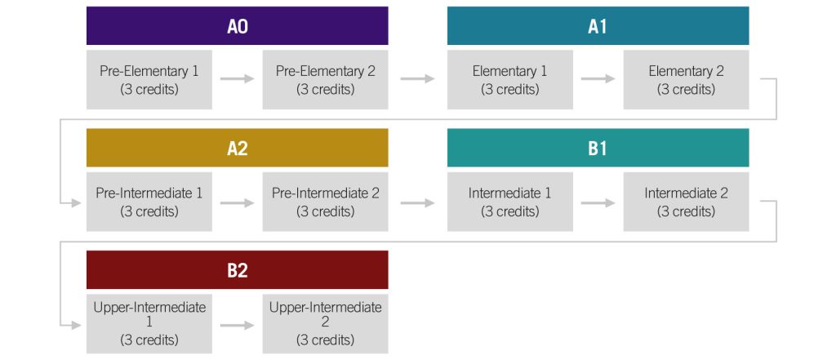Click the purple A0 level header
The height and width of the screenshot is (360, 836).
238,25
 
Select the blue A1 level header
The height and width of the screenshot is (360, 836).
598,25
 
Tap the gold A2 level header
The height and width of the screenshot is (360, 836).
238,148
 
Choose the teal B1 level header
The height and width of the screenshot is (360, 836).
598,148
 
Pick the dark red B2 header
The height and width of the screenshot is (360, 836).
238,270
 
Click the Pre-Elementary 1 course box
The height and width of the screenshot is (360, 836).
149,80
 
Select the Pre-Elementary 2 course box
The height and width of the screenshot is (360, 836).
325,80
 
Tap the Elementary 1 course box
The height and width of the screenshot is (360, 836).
510,80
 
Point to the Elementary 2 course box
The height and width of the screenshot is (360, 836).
686,80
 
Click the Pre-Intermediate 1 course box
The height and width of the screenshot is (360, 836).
149,202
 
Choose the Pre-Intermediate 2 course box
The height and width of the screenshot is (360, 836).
325,202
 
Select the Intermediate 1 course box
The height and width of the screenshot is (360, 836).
510,202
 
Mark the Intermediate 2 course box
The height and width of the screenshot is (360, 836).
686,202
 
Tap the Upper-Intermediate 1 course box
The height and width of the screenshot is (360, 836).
149,324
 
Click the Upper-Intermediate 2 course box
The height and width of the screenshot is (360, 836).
325,324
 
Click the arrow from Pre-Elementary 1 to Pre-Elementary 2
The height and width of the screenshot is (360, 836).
238,79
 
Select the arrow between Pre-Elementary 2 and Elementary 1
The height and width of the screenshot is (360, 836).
417,79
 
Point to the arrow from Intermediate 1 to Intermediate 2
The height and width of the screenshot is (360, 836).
598,202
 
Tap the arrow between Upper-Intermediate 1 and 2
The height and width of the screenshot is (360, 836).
238,325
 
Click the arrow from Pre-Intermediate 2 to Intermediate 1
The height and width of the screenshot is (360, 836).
417,202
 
